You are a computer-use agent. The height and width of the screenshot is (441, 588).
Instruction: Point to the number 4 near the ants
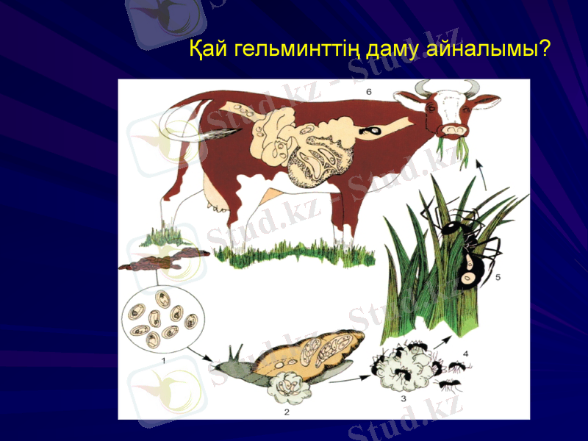[465, 353]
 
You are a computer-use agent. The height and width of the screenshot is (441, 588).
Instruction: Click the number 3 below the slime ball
[404, 398]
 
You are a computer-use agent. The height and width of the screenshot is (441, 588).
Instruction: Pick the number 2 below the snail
[287, 412]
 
